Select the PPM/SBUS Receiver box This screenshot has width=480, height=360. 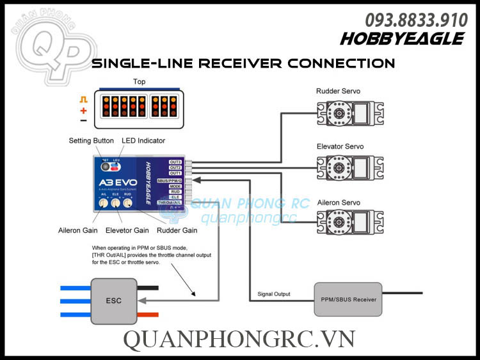[348, 299]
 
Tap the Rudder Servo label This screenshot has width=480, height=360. [339, 91]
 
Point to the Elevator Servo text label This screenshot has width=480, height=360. [340, 146]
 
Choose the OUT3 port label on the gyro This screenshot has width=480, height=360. [175, 162]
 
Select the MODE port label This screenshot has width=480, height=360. [175, 186]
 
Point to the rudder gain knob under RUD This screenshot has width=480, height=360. [128, 203]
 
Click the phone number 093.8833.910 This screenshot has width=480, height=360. [416, 20]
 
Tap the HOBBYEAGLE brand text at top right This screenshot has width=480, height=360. [402, 39]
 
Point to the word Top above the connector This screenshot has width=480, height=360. [139, 82]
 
